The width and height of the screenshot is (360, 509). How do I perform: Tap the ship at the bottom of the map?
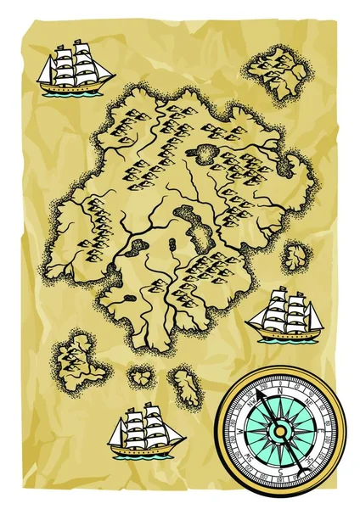(146, 429)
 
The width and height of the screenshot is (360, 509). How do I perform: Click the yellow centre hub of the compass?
(280, 431)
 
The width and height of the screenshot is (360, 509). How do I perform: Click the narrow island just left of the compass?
(186, 386)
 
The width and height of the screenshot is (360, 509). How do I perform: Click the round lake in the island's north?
(206, 154)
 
